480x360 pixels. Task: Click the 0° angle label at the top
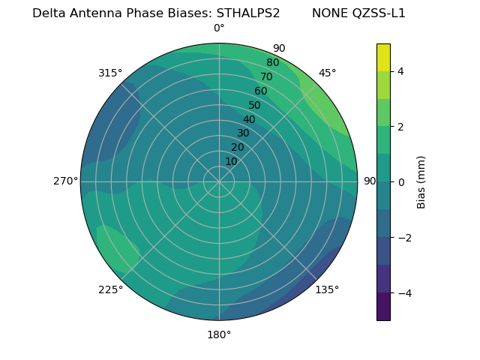(219, 28)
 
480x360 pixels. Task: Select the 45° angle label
(328, 73)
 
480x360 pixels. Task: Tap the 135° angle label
(327, 289)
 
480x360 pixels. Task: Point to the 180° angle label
(219, 334)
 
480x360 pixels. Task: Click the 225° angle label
(110, 289)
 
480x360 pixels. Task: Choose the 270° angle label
(65, 181)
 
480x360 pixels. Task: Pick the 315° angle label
(110, 73)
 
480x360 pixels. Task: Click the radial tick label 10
(231, 161)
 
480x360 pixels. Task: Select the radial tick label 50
(254, 105)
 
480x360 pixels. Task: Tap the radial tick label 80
(272, 62)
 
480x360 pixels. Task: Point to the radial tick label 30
(243, 133)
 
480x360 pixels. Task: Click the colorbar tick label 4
(400, 71)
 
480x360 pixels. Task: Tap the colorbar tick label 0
(400, 182)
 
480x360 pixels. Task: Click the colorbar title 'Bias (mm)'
(421, 181)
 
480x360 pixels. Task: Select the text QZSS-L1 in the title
(379, 13)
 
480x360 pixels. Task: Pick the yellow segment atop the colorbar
(383, 57)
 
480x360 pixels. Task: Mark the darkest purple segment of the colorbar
(383, 307)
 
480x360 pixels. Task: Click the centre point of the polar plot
(219, 181)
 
